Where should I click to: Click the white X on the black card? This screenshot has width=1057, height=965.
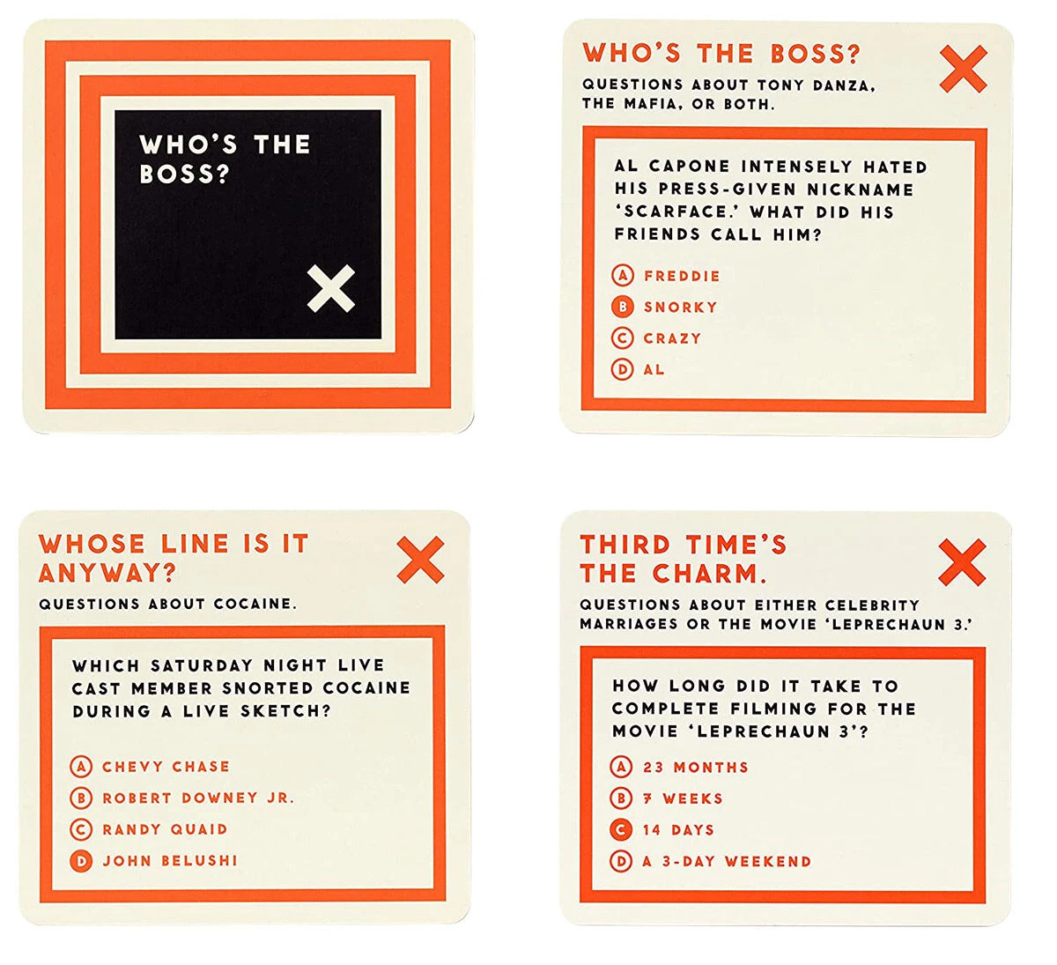[x=331, y=288]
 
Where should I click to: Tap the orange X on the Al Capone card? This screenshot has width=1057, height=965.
[x=964, y=69]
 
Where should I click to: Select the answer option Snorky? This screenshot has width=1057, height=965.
[x=680, y=307]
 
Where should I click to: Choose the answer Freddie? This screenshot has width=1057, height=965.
[x=682, y=276]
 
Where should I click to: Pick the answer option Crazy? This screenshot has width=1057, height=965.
[x=672, y=338]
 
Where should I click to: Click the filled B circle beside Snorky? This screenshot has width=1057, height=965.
[x=622, y=307]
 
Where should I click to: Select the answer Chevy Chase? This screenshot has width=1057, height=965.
[x=166, y=766]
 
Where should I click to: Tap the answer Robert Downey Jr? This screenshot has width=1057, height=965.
[x=198, y=798]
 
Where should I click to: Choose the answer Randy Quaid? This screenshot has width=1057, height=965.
[x=165, y=829]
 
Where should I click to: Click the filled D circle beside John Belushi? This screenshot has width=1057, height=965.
[x=81, y=861]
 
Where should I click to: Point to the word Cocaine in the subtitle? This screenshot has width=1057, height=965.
[x=255, y=604]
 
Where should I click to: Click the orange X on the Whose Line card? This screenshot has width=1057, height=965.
[x=420, y=560]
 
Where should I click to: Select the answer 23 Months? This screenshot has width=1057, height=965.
[x=696, y=768]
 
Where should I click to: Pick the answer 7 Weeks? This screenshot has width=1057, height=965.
[x=683, y=798]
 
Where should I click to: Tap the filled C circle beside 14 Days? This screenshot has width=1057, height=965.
[x=621, y=830]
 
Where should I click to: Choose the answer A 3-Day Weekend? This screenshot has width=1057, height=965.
[x=727, y=861]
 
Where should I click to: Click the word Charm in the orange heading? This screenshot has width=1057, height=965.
[x=709, y=574]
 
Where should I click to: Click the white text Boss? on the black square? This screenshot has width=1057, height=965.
[x=184, y=174]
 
